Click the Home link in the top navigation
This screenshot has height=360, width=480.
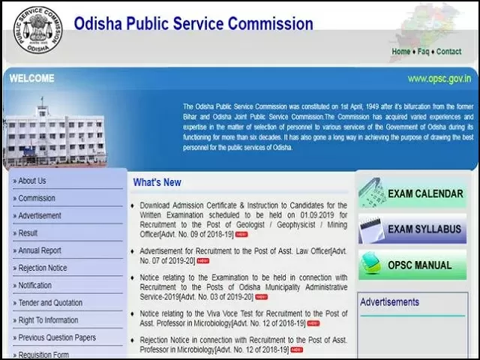[x=400, y=52]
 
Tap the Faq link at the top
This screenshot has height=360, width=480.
[x=424, y=52]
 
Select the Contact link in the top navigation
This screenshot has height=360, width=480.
[x=448, y=52]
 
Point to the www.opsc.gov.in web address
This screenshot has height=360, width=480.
[x=439, y=78]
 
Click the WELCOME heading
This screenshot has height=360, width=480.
[x=32, y=79]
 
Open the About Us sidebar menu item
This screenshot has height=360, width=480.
[x=32, y=181]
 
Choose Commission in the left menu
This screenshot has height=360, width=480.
[x=37, y=199]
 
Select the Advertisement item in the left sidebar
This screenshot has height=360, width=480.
[x=40, y=216]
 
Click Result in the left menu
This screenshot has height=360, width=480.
[x=28, y=233]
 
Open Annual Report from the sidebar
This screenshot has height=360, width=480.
[x=40, y=250]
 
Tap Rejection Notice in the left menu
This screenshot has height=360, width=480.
[x=43, y=268]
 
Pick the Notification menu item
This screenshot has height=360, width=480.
[x=35, y=286]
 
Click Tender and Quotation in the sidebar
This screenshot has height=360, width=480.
[x=50, y=303]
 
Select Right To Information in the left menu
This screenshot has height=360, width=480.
[x=48, y=320]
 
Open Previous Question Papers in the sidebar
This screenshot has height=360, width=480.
[x=57, y=338]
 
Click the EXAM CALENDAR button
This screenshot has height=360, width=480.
[x=417, y=193]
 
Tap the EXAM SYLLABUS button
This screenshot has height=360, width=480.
[x=417, y=229]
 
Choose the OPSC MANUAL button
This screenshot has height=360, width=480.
[x=417, y=265]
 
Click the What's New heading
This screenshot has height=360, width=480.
[x=157, y=182]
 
